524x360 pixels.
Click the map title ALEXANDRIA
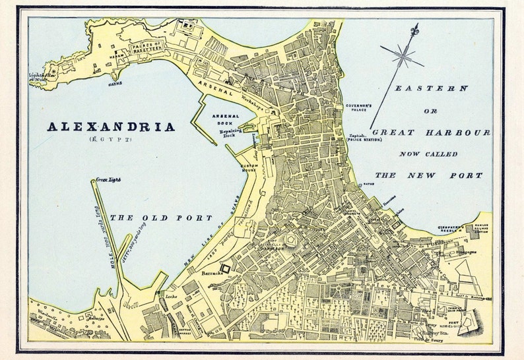[112, 127]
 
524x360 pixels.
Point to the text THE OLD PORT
[161, 218]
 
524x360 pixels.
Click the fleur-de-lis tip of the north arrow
[414, 30]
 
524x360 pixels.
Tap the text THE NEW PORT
[429, 175]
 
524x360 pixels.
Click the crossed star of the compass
[401, 57]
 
